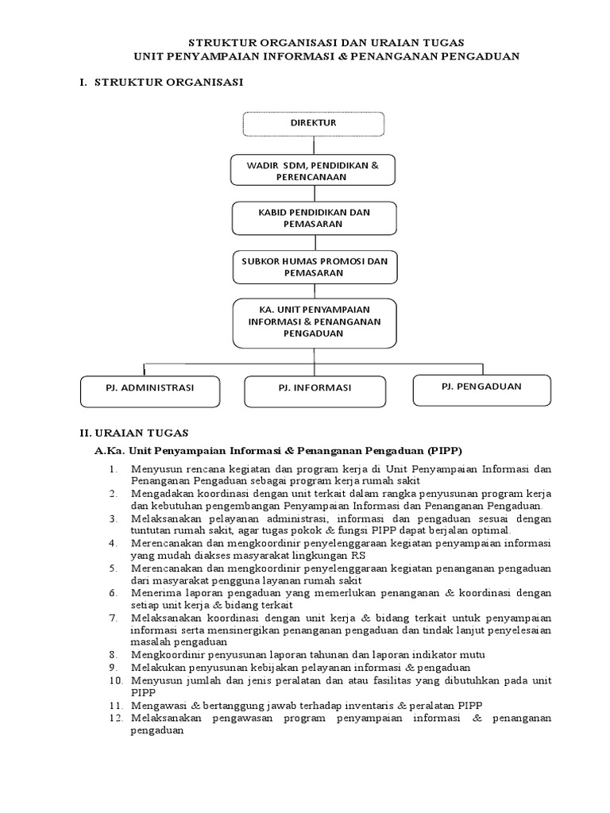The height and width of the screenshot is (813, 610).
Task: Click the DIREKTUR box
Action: [313, 124]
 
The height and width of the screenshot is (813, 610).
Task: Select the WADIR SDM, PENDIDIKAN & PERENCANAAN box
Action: [313, 171]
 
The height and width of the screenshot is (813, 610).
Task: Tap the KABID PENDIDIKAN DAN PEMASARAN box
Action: [313, 218]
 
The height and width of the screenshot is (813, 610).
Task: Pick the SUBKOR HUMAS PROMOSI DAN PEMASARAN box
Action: [313, 266]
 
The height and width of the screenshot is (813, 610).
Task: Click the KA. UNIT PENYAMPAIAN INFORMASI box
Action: [313, 322]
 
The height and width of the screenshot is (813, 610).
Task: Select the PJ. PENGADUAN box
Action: [481, 386]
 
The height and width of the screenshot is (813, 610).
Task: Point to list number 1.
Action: [114, 469]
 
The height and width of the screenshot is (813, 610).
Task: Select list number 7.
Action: [114, 617]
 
